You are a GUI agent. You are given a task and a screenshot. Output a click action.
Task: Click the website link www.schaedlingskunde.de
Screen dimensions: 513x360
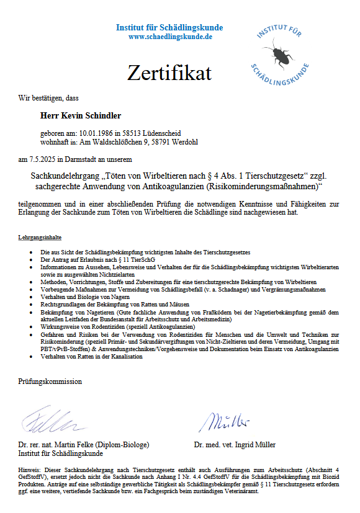point(169,37)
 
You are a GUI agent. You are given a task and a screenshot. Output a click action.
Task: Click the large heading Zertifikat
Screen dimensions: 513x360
point(169,73)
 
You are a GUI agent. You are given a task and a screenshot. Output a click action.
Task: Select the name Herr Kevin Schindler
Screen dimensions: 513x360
point(81,115)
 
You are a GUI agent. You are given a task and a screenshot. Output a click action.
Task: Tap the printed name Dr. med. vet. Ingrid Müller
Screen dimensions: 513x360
point(235,445)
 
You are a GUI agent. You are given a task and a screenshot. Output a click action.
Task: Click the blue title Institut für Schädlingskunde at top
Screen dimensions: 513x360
point(169,28)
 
